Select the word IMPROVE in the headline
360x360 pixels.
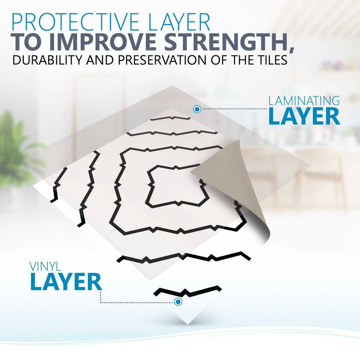click(105, 42)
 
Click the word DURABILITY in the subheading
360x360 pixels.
click(47, 60)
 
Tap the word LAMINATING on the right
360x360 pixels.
click(304, 101)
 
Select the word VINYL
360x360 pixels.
click(45, 266)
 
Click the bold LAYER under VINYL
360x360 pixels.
click(66, 282)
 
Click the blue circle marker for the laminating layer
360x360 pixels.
click(197, 109)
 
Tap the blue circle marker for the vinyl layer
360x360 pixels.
click(178, 301)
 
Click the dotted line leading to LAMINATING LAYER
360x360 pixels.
click(234, 109)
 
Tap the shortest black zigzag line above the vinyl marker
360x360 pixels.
click(187, 291)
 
